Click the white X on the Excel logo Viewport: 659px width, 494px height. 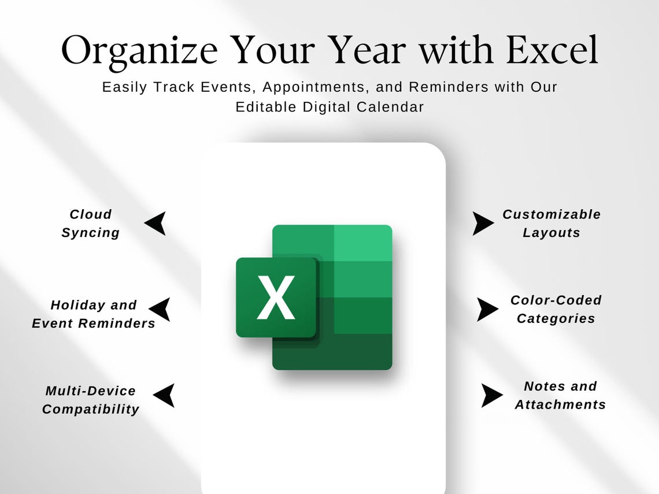tap(276, 297)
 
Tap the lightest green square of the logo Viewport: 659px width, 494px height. tap(363, 243)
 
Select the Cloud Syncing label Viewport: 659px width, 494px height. tap(90, 224)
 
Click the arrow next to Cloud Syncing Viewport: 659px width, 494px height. tap(156, 223)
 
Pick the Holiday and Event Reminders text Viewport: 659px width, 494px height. tap(94, 314)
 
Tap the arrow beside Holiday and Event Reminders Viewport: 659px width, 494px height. tap(160, 310)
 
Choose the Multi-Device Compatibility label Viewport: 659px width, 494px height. tap(91, 400)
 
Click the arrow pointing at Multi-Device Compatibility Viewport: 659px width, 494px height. tap(164, 395)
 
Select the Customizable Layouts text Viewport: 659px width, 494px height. tap(551, 224)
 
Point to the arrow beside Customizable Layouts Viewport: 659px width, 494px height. tap(482, 223)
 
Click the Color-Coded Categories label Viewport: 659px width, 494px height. tap(556, 309)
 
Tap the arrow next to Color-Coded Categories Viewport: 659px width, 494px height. tap(487, 310)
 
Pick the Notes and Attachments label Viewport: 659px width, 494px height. tap(560, 395)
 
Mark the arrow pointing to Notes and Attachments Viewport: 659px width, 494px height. tap(491, 395)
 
